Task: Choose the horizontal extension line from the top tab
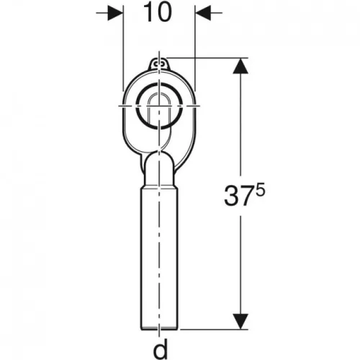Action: pyautogui.click(x=209, y=59)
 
